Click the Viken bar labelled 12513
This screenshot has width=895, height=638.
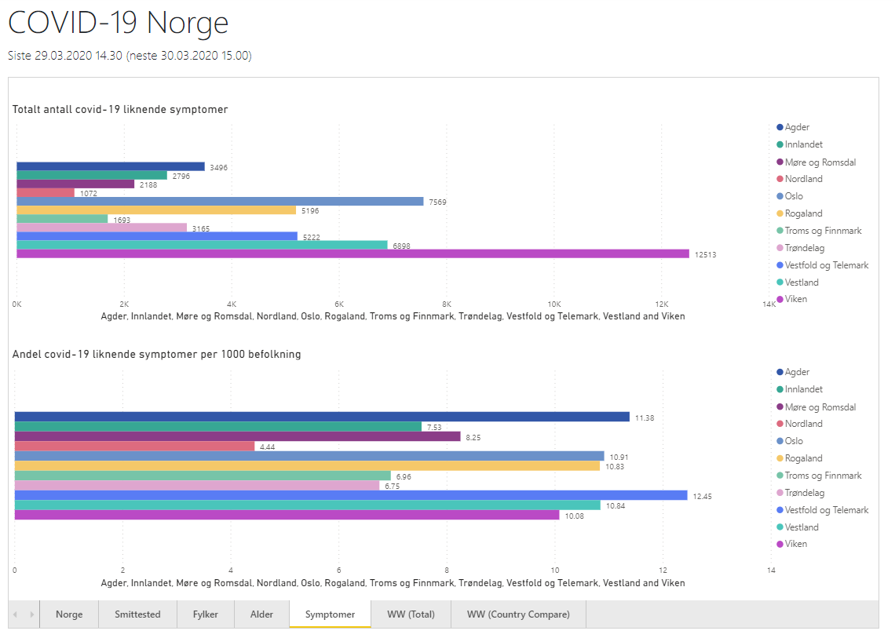coord(353,253)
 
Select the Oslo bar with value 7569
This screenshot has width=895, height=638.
coord(220,201)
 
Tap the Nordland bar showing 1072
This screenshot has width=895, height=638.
coord(46,192)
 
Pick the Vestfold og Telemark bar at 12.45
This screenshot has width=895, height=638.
coord(351,495)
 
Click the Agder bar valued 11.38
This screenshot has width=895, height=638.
coord(322,417)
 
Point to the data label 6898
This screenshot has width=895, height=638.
coord(400,246)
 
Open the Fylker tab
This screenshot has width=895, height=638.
coord(206,614)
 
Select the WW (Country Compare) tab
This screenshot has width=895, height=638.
coord(518,614)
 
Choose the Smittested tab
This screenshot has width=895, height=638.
coord(137,614)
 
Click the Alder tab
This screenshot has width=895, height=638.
coord(261,614)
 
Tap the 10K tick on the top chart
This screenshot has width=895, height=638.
coord(554,304)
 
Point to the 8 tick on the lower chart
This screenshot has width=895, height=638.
coord(447,571)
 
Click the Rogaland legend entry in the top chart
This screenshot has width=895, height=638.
coord(803,213)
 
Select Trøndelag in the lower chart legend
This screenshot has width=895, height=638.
coord(805,493)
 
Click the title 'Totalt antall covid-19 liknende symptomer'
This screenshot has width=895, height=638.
coord(120,110)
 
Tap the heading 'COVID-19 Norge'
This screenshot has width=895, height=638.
coord(118,23)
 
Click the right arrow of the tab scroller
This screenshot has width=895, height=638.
coord(31,614)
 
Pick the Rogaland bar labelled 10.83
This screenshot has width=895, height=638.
coord(307,466)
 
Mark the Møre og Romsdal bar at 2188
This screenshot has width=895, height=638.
coord(75,184)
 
